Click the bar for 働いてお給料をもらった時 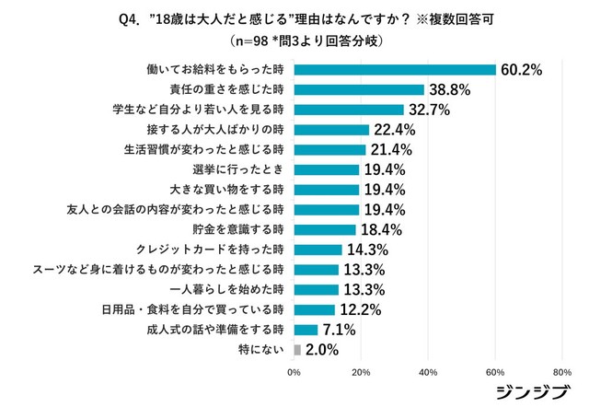395,70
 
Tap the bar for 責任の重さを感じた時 359,90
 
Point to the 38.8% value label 451,90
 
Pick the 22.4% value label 396,130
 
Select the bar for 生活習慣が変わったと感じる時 329,150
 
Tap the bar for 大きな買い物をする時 327,190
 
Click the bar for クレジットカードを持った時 318,250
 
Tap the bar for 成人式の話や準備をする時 306,330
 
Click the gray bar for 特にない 297,350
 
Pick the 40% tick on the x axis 428,372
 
